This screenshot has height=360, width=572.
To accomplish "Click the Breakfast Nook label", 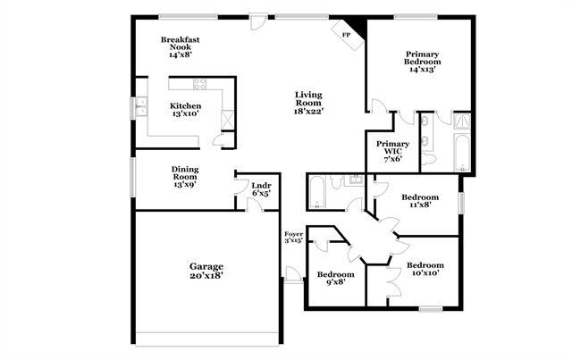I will (x=179, y=47).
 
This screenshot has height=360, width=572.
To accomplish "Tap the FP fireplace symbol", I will (x=346, y=35).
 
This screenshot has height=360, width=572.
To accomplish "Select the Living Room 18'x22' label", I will (x=308, y=103).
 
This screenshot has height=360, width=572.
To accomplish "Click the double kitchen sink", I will (x=140, y=107).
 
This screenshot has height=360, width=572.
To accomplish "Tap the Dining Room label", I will (x=186, y=176).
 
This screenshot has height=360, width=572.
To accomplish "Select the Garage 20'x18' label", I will (x=206, y=271).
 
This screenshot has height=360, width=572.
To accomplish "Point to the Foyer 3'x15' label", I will (x=294, y=237).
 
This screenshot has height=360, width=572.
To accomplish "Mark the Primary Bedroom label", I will (x=420, y=61).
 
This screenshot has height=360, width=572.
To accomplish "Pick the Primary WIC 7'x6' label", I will (x=392, y=149).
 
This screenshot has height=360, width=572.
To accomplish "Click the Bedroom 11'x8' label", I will (x=419, y=201).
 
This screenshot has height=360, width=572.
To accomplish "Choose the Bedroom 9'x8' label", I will (x=336, y=278).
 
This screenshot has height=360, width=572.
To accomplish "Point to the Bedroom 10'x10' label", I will (x=425, y=270).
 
